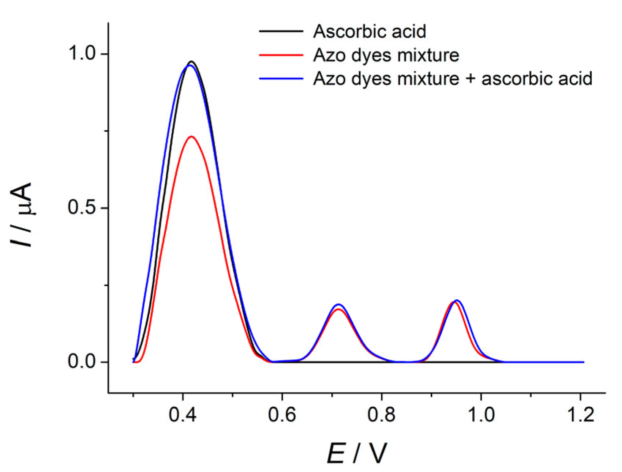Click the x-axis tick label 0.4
(182, 415)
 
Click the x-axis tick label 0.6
(282, 415)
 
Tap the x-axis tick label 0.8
(381, 415)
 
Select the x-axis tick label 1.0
(481, 415)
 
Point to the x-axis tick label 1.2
(580, 415)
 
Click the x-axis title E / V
(356, 453)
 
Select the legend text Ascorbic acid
(370, 31)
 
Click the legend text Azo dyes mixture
(386, 55)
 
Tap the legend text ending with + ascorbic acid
(453, 79)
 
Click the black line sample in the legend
(281, 31)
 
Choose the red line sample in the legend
(281, 55)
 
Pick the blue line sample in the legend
(281, 79)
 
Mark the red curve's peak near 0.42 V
(191, 136)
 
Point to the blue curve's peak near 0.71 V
(339, 304)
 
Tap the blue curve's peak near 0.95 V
(457, 300)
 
